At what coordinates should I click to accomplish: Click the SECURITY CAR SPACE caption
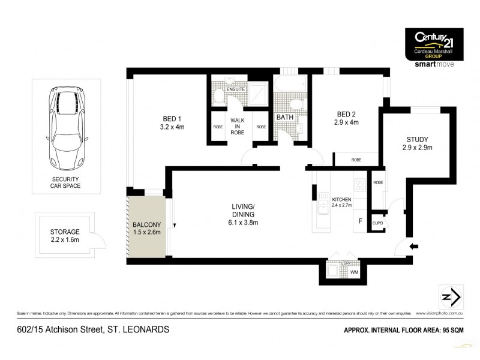[65, 182]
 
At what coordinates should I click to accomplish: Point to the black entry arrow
[413, 246]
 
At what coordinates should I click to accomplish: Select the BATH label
[285, 118]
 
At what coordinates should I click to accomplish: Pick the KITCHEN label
[342, 199]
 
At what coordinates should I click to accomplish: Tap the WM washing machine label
[354, 273]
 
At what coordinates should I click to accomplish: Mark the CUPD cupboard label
[378, 223]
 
